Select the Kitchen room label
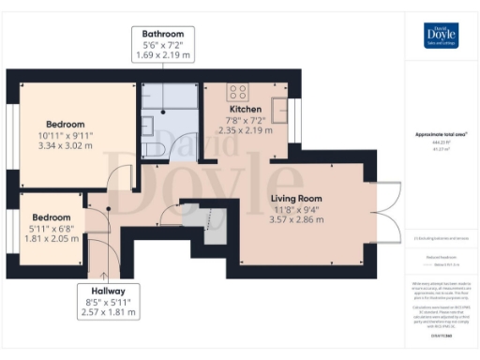[x=246, y=110]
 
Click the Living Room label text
[x=296, y=199]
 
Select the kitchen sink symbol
[x=278, y=107]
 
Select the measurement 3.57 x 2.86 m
[x=296, y=220]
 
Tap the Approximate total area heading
[x=441, y=134]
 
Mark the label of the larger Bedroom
[x=66, y=124]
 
